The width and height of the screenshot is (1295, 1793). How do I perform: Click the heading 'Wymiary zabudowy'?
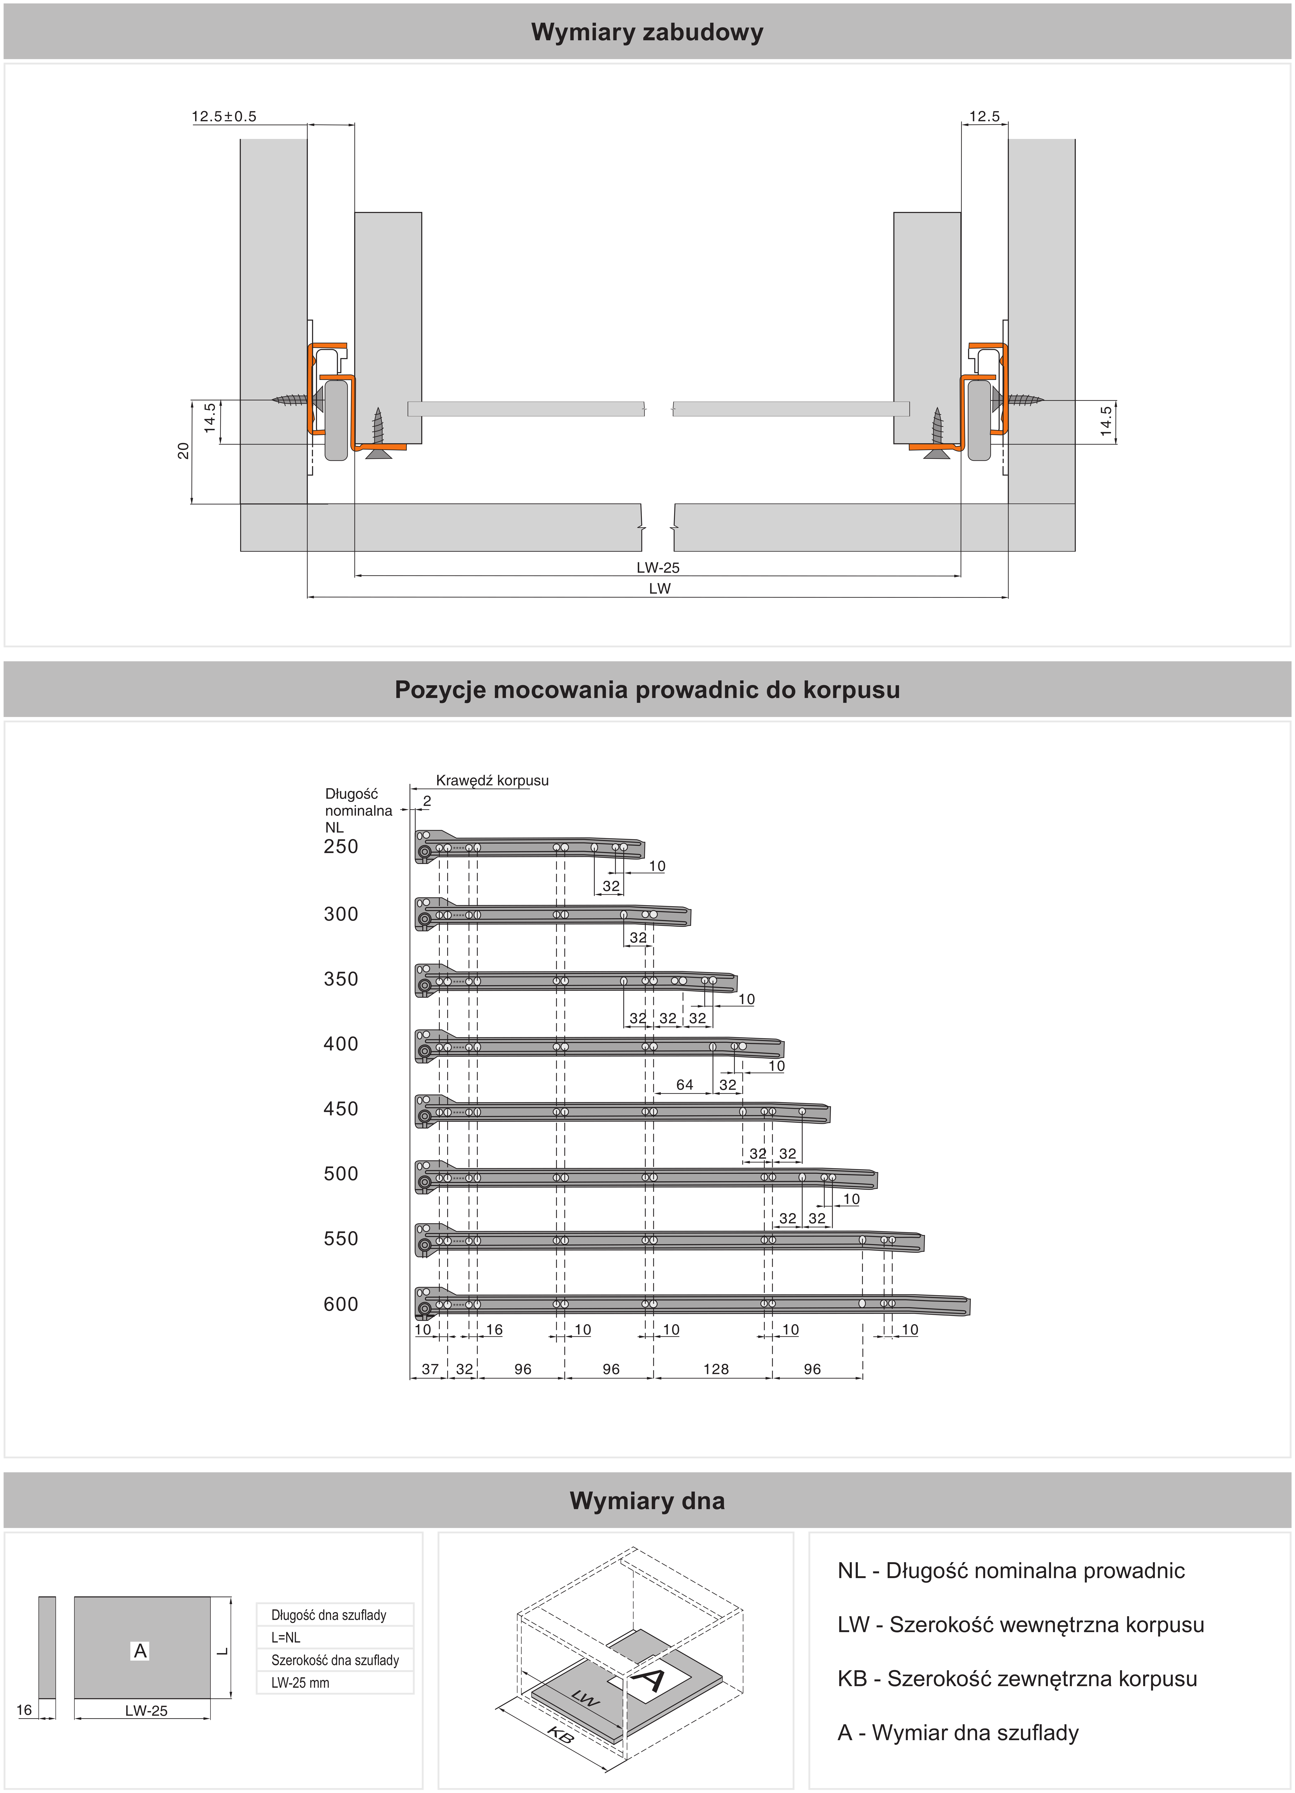[647, 32]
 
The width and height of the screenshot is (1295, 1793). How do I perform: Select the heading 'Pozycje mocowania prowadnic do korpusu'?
[647, 690]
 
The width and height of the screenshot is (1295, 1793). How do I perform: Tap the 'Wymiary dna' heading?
[647, 1500]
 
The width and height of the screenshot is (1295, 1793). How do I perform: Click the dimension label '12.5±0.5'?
[224, 116]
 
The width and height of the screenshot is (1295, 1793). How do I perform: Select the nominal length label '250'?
[341, 847]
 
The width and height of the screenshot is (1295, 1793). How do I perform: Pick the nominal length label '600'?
[341, 1304]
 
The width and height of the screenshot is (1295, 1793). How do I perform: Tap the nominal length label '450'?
[341, 1109]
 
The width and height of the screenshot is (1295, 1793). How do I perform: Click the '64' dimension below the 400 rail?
[685, 1085]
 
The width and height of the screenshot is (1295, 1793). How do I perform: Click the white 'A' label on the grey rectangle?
[140, 1651]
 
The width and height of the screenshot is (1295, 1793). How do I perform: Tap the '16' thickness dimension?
[24, 1710]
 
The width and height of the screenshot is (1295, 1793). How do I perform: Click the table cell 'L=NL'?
[285, 1637]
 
